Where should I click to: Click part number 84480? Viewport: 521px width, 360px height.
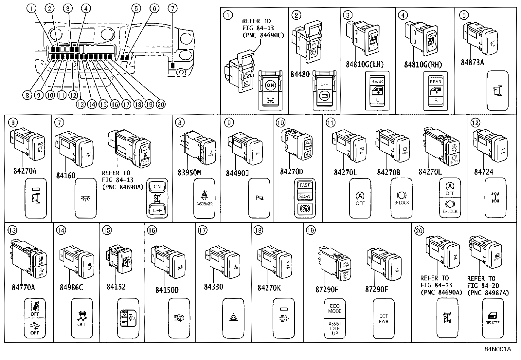pyautogui.click(x=300, y=74)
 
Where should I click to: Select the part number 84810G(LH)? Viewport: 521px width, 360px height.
pyautogui.click(x=365, y=65)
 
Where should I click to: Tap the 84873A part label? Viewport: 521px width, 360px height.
pyautogui.click(x=472, y=62)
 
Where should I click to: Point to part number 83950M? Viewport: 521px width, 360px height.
pyautogui.click(x=189, y=172)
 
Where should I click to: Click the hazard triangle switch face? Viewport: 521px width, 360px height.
pyautogui.click(x=233, y=317)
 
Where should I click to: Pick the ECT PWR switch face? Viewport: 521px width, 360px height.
pyautogui.click(x=384, y=318)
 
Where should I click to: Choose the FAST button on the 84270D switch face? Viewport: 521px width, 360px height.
pyautogui.click(x=305, y=185)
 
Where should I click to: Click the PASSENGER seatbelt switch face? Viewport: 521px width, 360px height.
pyautogui.click(x=204, y=198)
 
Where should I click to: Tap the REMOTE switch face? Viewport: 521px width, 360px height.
pyautogui.click(x=493, y=318)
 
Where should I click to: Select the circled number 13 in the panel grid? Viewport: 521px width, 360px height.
pyautogui.click(x=12, y=230)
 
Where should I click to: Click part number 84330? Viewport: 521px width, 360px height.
pyautogui.click(x=213, y=287)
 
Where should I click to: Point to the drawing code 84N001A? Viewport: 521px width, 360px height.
pyautogui.click(x=498, y=349)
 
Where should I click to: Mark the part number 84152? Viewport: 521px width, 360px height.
pyautogui.click(x=116, y=287)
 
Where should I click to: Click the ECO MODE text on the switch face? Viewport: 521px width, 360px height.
pyautogui.click(x=335, y=309)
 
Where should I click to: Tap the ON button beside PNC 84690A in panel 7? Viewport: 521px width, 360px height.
pyautogui.click(x=157, y=187)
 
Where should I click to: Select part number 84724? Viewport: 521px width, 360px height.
pyautogui.click(x=483, y=172)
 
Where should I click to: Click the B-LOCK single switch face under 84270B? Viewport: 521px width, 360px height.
pyautogui.click(x=402, y=198)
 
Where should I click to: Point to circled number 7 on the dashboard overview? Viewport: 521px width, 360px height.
pyautogui.click(x=173, y=8)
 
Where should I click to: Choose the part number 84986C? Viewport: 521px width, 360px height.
pyautogui.click(x=71, y=288)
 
